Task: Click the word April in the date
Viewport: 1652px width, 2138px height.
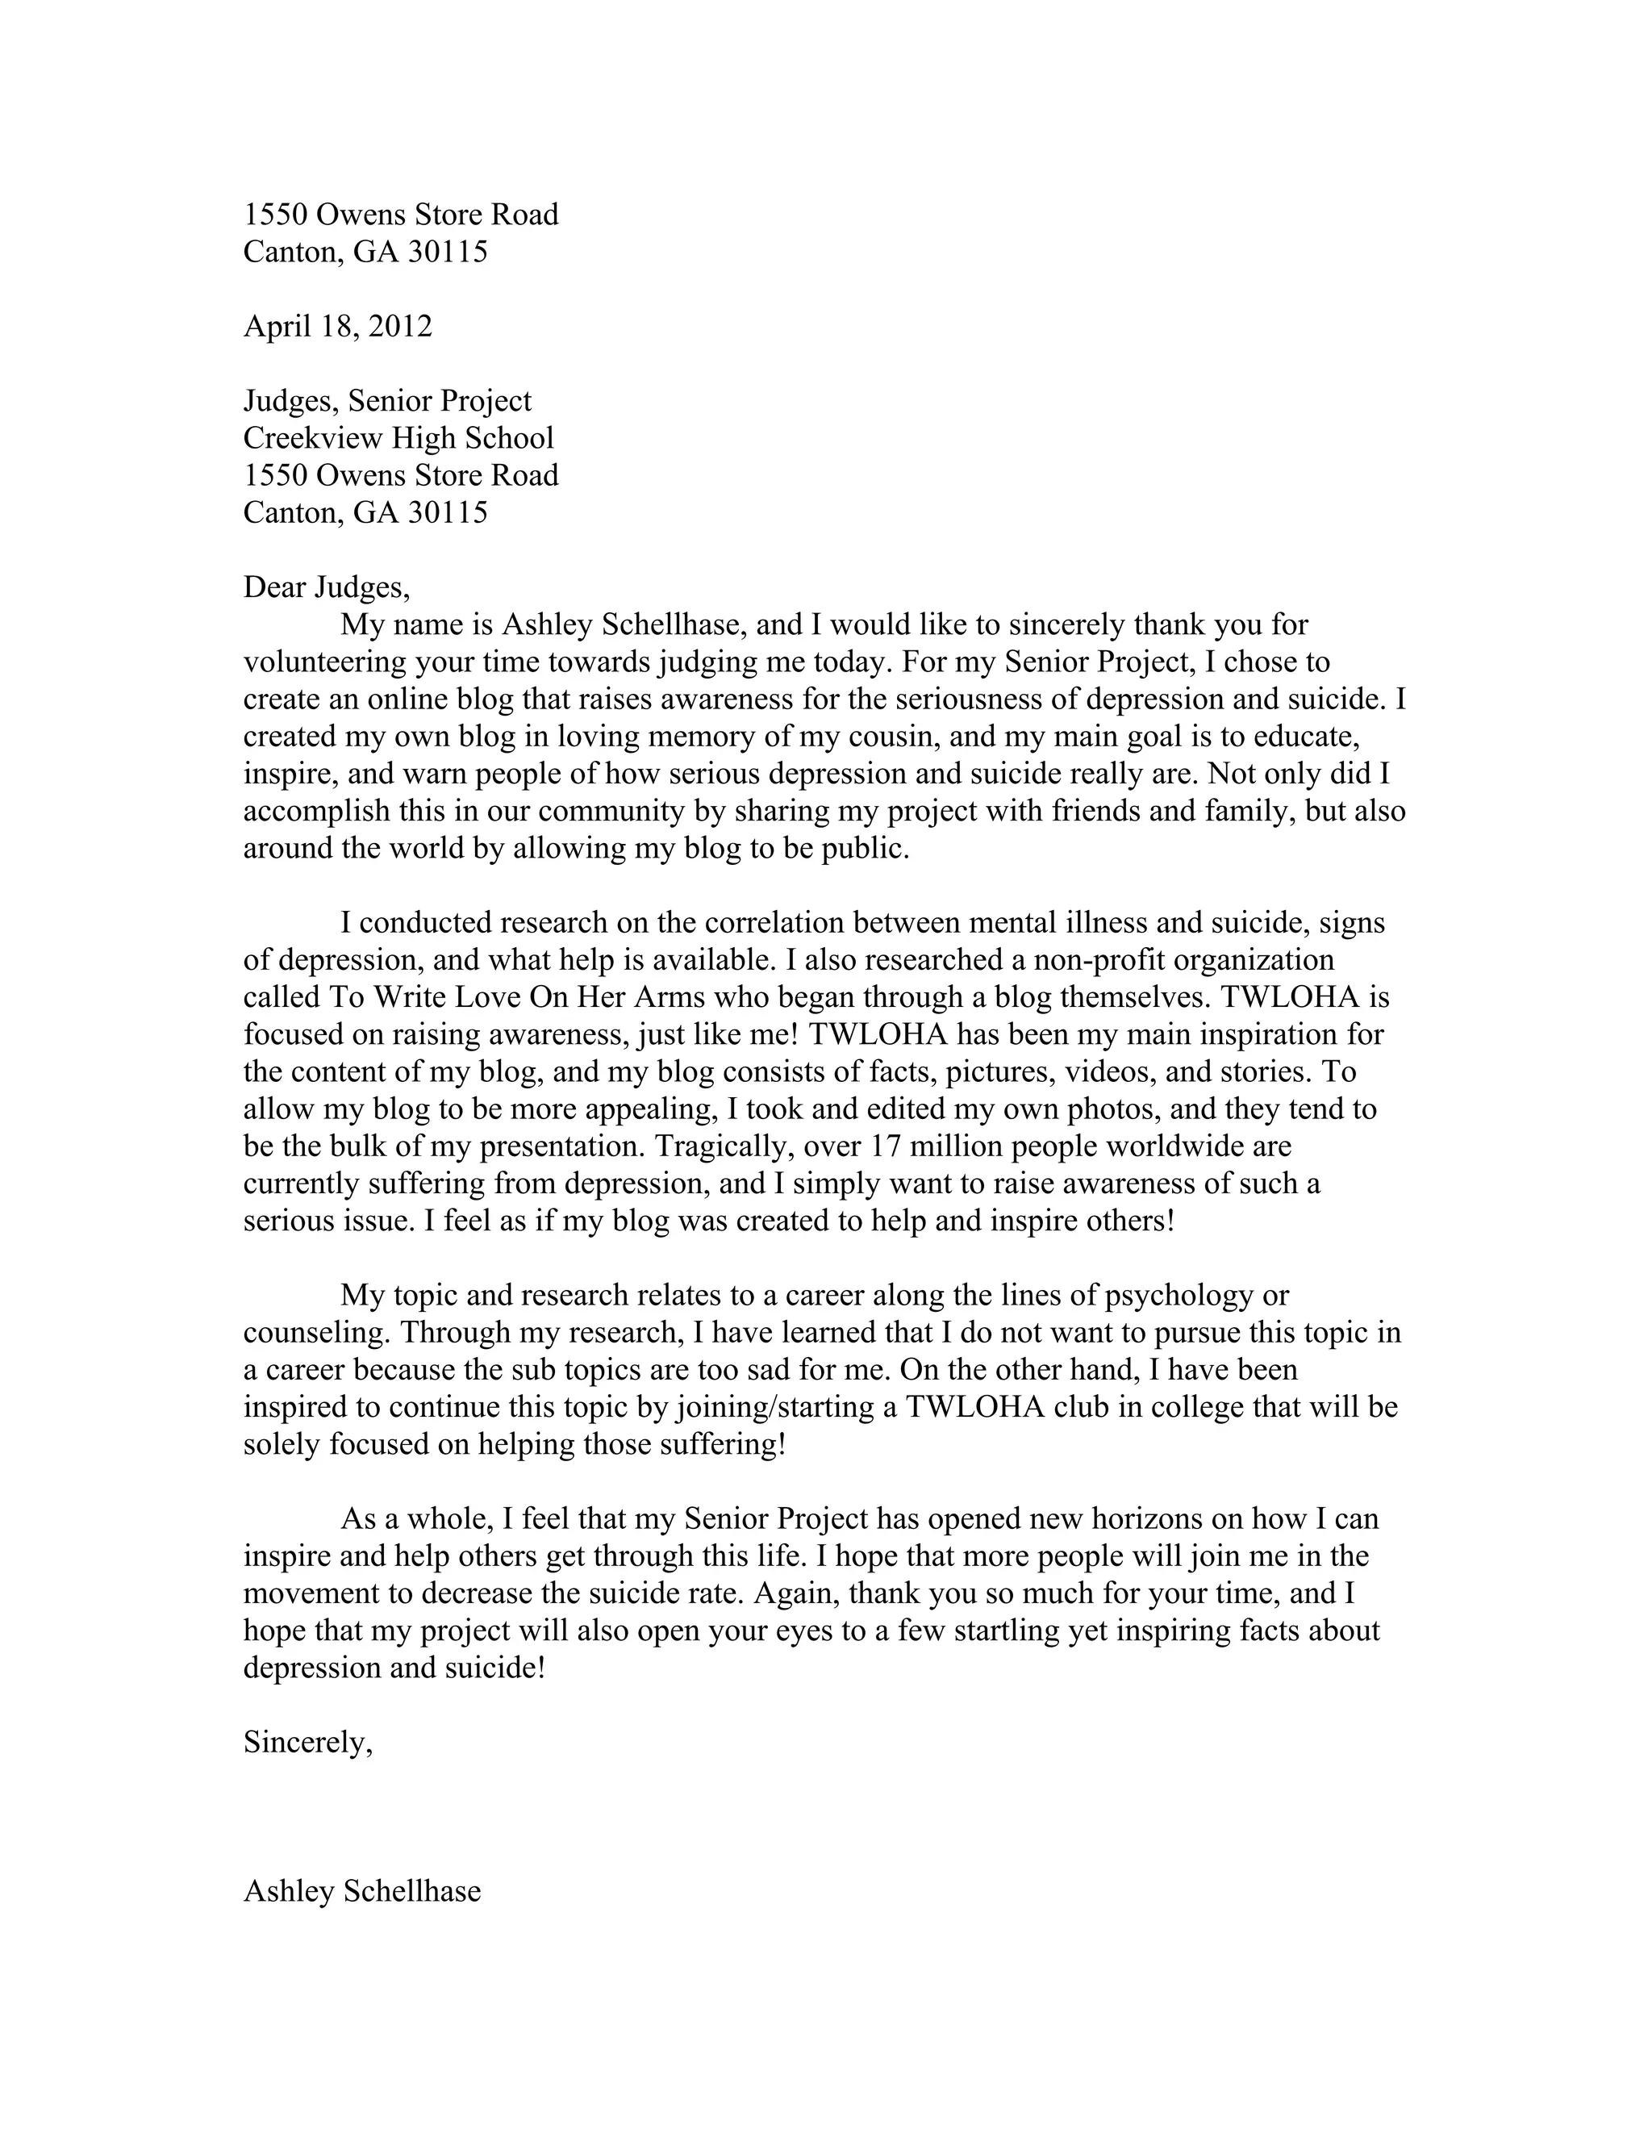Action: [275, 326]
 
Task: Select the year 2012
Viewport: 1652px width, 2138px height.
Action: [400, 326]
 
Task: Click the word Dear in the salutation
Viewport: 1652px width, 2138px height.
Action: [275, 587]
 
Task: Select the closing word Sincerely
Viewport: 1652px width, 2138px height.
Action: [307, 1743]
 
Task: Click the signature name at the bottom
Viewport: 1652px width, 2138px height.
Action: [362, 1891]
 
